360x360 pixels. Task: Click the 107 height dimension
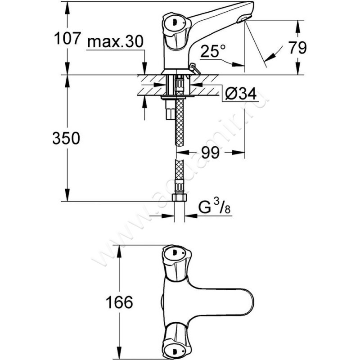tap(66, 40)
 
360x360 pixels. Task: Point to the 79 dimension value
tap(297, 47)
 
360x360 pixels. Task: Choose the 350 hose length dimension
tap(67, 138)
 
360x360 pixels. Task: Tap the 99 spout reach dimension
tap(210, 153)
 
